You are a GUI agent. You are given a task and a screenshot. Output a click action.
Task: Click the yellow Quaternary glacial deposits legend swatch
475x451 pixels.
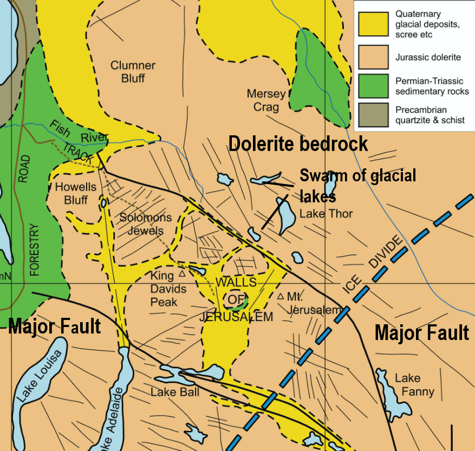(x=373, y=24)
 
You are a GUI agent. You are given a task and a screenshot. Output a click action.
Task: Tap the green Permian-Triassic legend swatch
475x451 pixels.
(x=373, y=86)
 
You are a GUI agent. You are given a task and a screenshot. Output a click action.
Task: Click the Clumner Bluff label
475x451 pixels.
(x=133, y=71)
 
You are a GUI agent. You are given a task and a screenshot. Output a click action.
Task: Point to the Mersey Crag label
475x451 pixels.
(x=266, y=100)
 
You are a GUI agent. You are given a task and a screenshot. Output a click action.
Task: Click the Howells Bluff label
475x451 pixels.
(x=76, y=193)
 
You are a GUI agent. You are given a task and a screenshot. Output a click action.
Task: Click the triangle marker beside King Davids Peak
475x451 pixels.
(x=182, y=274)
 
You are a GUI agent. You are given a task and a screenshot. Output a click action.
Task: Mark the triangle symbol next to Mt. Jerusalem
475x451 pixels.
(x=281, y=297)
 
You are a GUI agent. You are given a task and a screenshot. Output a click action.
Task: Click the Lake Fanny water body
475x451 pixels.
(x=389, y=392)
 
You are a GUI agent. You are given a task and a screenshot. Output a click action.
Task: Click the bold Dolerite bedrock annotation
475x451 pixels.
(x=298, y=144)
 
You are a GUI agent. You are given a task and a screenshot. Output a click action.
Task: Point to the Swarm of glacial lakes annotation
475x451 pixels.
(x=357, y=184)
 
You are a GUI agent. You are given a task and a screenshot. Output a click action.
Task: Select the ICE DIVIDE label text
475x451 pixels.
(x=374, y=264)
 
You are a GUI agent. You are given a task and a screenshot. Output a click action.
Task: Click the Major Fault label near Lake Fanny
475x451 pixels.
(x=421, y=332)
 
